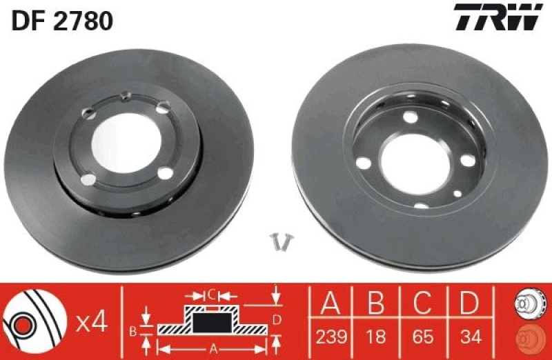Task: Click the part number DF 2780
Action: point(62,22)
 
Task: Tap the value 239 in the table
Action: point(331,337)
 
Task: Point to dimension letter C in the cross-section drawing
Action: point(213,296)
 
